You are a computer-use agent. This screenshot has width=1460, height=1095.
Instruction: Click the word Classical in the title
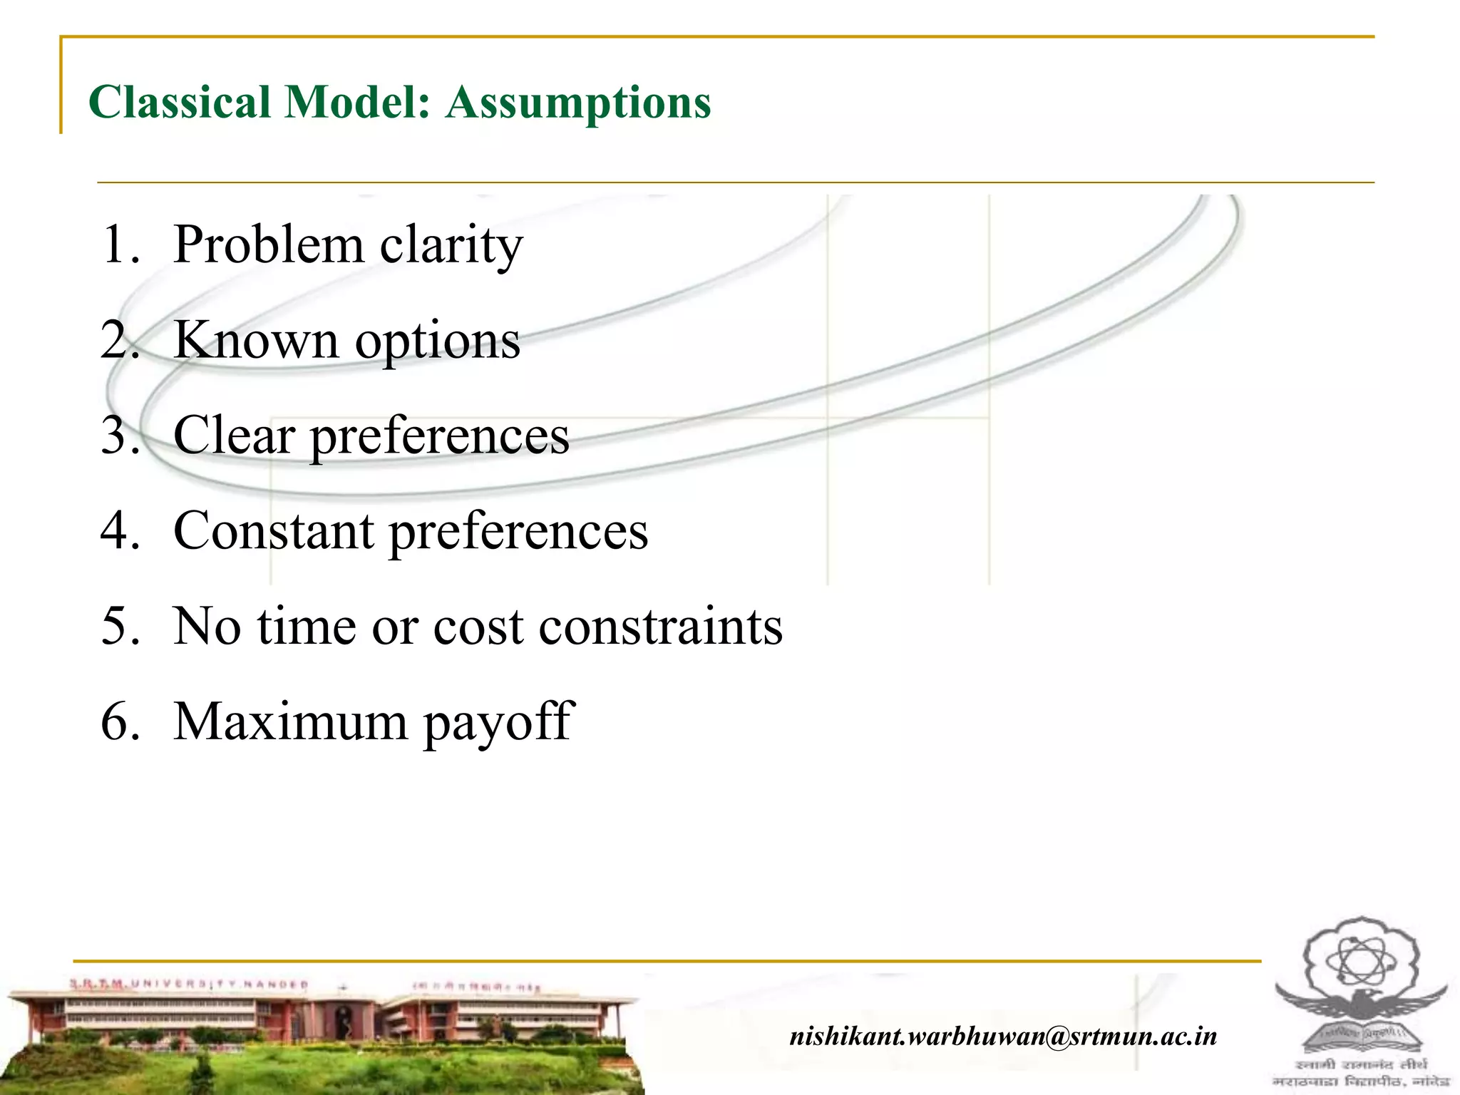pos(179,102)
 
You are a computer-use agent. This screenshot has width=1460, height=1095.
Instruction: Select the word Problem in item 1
pos(269,245)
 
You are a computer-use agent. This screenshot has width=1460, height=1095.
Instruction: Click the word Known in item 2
pos(256,340)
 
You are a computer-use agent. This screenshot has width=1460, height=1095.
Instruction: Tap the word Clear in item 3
pos(234,435)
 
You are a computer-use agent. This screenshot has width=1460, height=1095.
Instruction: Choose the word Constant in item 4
pos(273,530)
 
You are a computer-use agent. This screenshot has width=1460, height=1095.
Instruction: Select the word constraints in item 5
pos(661,626)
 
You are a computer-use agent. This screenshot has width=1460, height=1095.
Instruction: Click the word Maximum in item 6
pos(290,721)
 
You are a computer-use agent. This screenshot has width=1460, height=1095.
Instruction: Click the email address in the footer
pos(1003,1036)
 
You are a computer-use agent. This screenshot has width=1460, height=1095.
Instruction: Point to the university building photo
pos(321,1034)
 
